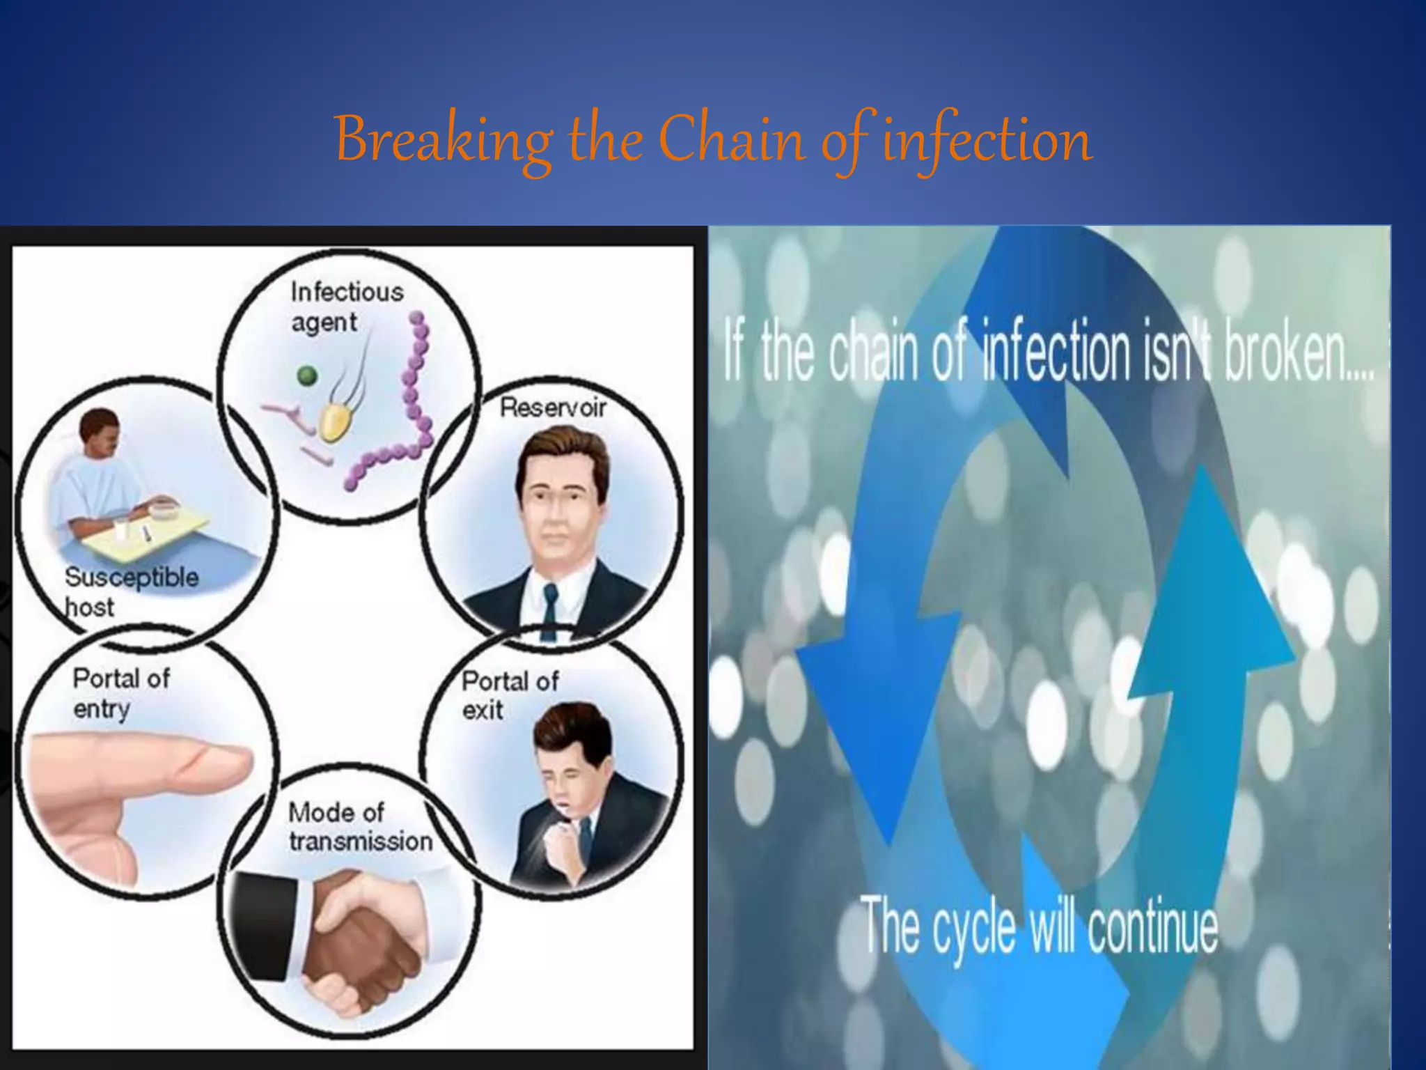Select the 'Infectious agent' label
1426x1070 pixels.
click(x=346, y=307)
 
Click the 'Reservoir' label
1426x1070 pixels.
click(x=553, y=408)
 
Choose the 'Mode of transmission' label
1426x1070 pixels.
click(x=359, y=827)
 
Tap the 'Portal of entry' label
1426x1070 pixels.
click(x=120, y=693)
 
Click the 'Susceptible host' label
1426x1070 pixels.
click(x=130, y=591)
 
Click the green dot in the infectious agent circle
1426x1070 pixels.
click(x=307, y=376)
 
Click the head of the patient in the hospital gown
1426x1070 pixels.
click(x=100, y=435)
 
